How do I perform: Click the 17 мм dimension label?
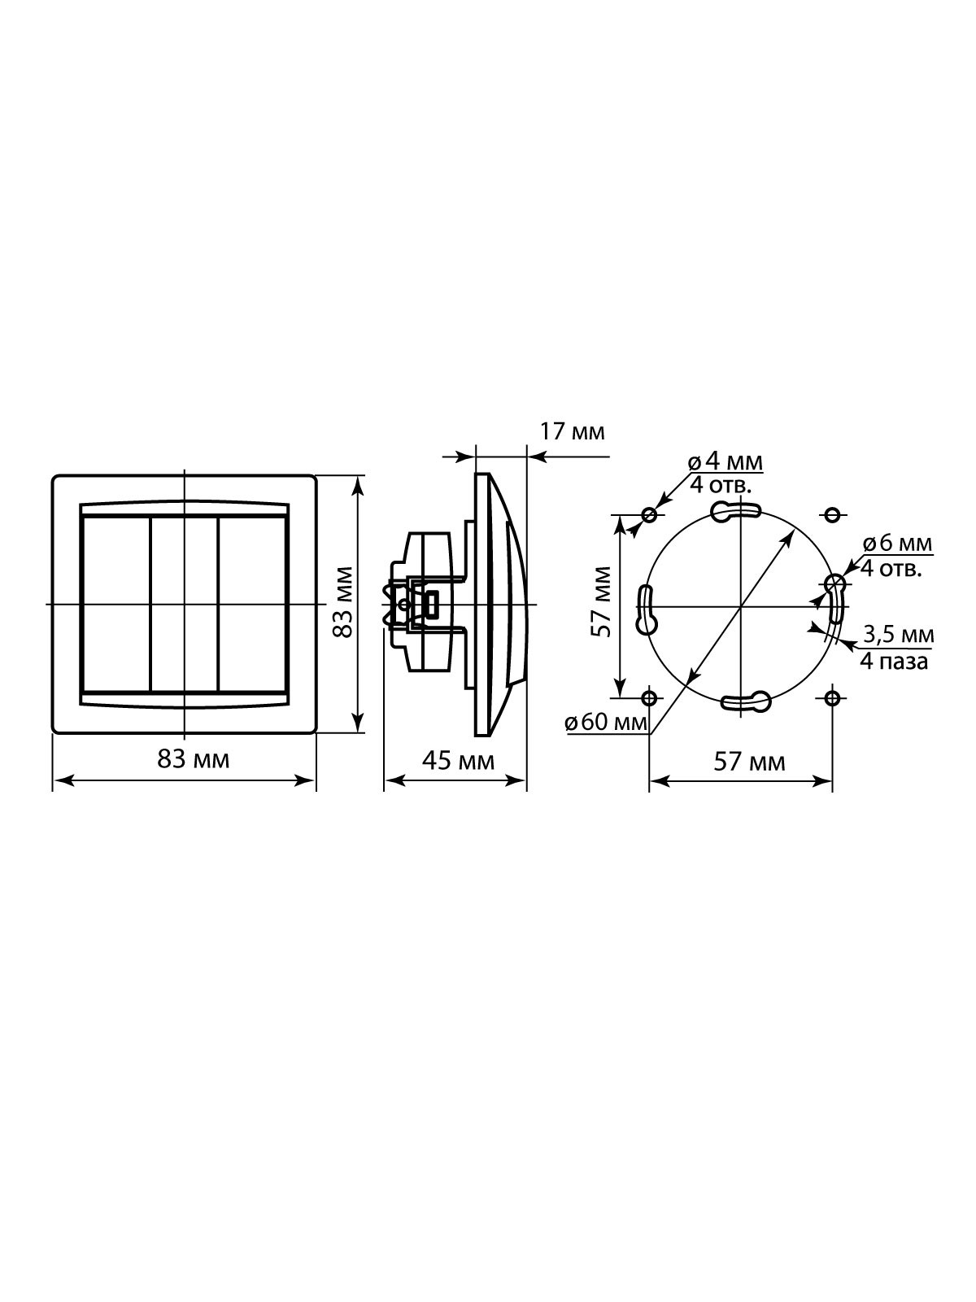573,432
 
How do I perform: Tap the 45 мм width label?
458,761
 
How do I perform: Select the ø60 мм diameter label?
606,723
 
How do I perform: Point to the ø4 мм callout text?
725,461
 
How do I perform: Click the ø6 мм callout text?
897,543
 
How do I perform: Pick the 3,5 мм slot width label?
899,635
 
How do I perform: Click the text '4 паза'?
894,662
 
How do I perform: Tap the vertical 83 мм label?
343,602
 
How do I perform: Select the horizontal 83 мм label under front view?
194,759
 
